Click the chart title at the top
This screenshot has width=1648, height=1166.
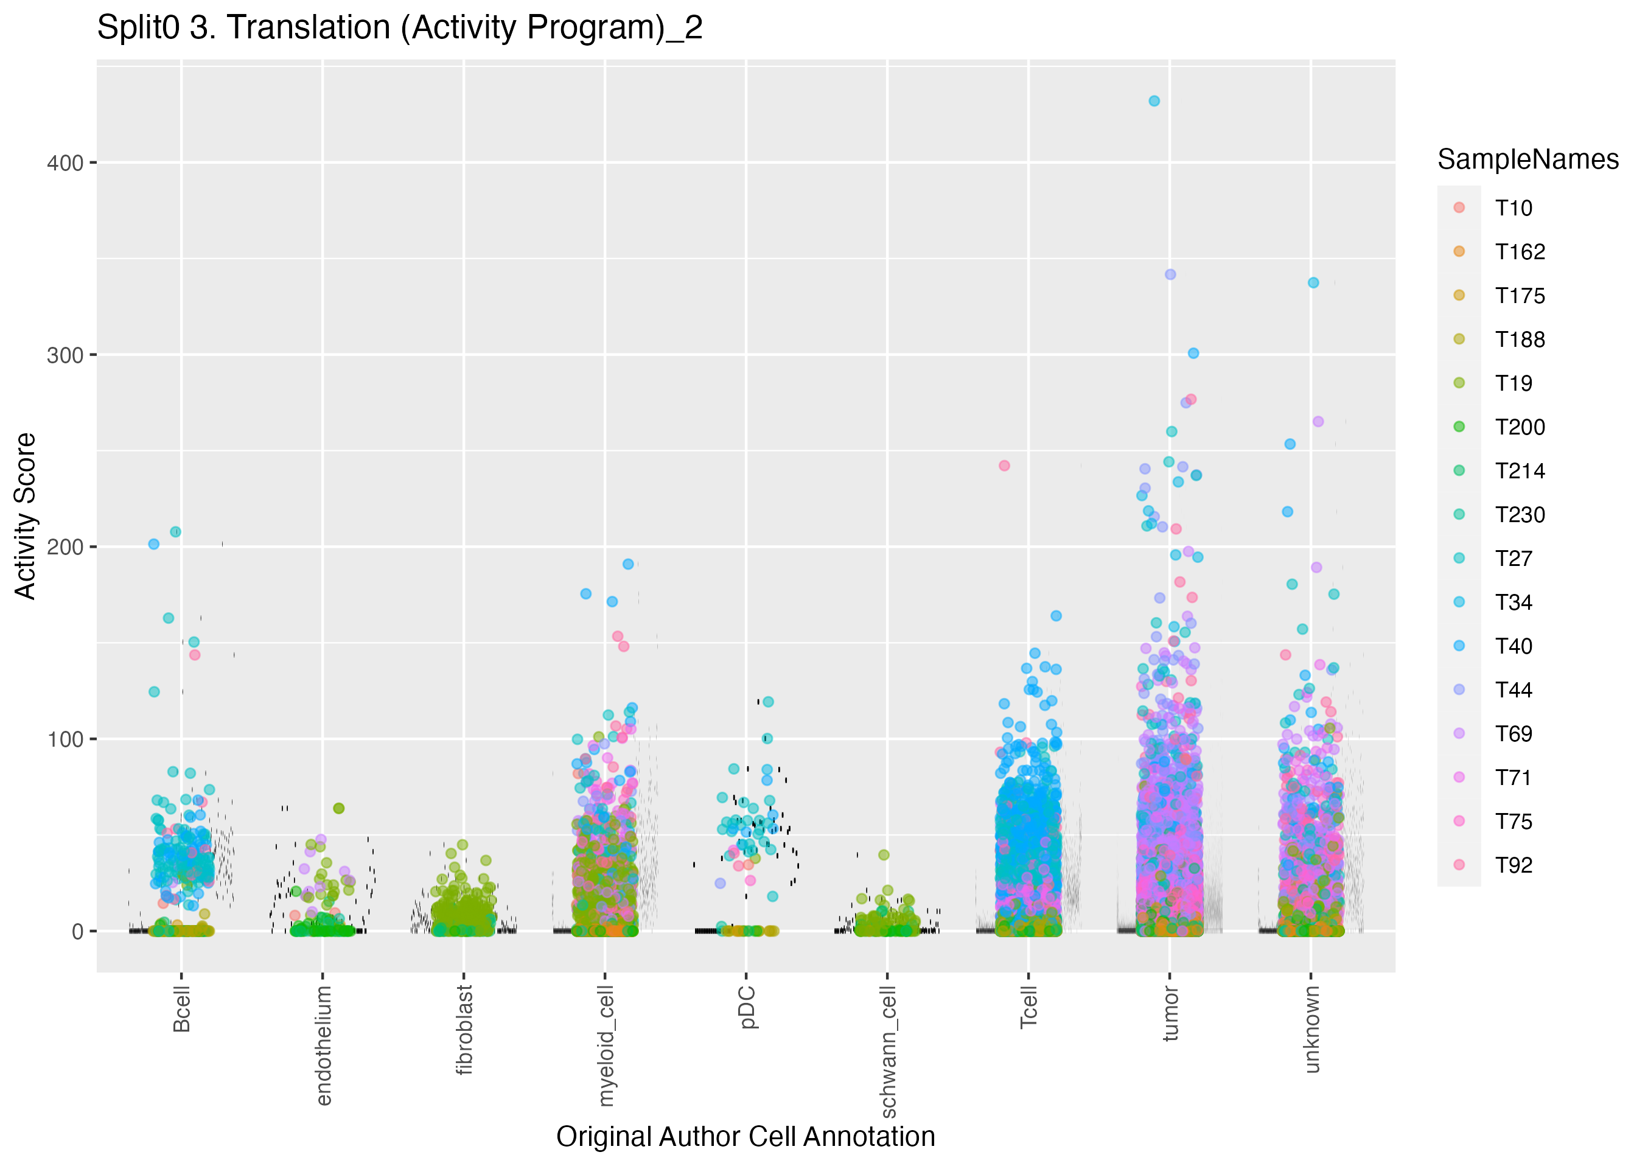pyautogui.click(x=399, y=27)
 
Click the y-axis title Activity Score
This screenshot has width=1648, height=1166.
pyautogui.click(x=25, y=515)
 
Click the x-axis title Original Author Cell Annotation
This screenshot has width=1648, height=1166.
pyautogui.click(x=745, y=1137)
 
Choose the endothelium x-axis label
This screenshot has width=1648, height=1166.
pyautogui.click(x=323, y=1045)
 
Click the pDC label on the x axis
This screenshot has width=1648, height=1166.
pyautogui.click(x=747, y=1007)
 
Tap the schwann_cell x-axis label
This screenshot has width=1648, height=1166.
pyautogui.click(x=888, y=1052)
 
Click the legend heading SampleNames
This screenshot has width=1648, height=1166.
pyautogui.click(x=1528, y=159)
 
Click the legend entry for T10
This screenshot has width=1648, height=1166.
pyautogui.click(x=1513, y=208)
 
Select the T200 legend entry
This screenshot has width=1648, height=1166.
pyautogui.click(x=1519, y=427)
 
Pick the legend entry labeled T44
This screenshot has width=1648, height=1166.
pyautogui.click(x=1513, y=690)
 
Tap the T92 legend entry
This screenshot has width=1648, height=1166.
pyautogui.click(x=1513, y=865)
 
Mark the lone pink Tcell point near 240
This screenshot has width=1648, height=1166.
pyautogui.click(x=1004, y=466)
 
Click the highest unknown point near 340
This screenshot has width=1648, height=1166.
pyautogui.click(x=1313, y=283)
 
